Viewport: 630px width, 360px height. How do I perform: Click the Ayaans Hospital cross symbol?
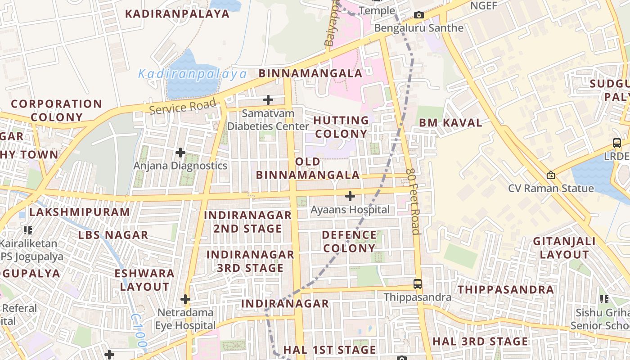click(350, 196)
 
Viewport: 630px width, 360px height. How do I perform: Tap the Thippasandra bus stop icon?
click(418, 284)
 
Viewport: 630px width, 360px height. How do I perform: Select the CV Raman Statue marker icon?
click(550, 175)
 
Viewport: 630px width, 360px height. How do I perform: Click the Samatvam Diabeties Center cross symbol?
click(268, 99)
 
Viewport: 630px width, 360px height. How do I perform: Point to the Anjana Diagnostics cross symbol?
click(180, 153)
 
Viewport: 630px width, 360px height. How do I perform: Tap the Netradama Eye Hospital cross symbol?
click(185, 299)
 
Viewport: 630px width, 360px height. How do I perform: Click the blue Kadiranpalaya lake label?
click(192, 74)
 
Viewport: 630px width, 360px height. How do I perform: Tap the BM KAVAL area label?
click(450, 122)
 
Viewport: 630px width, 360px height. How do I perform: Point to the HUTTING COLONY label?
click(341, 127)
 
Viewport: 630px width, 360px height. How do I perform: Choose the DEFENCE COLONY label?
click(349, 241)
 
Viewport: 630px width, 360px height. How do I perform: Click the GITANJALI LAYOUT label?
click(564, 247)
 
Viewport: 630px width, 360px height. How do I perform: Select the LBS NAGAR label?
click(113, 235)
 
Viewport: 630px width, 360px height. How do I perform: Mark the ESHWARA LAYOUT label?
click(144, 279)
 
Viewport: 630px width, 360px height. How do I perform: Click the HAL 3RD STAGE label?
click(480, 342)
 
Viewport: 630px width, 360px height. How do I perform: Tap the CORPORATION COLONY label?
click(57, 110)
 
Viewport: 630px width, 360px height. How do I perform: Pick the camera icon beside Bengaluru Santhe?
click(418, 15)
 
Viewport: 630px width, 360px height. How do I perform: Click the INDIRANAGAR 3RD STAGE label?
click(250, 261)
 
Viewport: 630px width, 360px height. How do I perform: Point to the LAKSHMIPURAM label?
click(80, 211)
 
